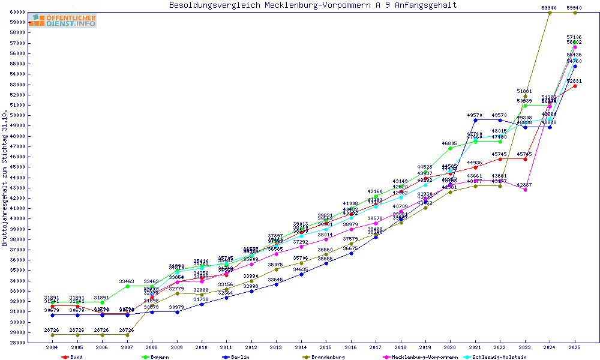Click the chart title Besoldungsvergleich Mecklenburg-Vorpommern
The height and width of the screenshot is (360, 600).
(x=313, y=5)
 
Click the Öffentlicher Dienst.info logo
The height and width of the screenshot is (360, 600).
(x=62, y=21)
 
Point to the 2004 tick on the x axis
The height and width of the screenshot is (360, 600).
(x=52, y=347)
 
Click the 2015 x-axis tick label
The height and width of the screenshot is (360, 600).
(x=326, y=347)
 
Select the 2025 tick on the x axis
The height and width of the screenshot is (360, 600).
(x=575, y=347)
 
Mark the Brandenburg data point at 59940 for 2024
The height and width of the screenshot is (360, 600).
(x=550, y=13)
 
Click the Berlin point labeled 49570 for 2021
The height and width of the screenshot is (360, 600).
(x=475, y=120)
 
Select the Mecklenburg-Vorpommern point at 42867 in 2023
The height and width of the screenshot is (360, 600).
(x=525, y=190)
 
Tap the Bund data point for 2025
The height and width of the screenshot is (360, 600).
(x=575, y=86)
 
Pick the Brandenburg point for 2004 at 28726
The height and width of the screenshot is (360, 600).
(x=52, y=335)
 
